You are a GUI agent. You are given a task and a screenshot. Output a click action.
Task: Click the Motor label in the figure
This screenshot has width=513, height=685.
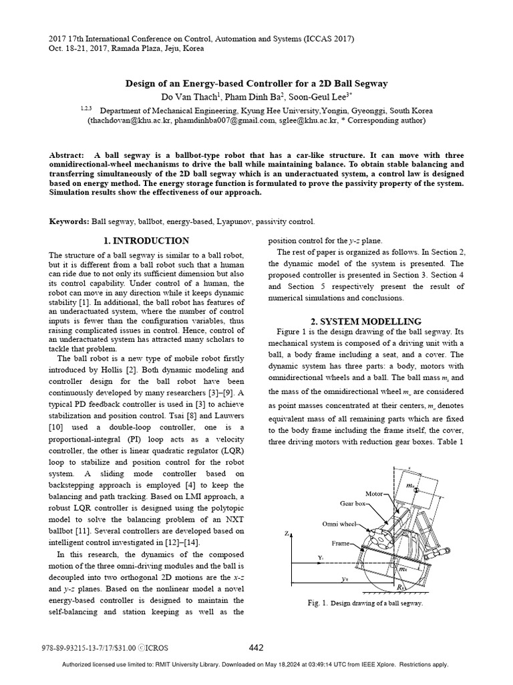pos(374,494)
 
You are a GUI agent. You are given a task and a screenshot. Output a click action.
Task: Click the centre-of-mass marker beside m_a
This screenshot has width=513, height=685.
pos(416,492)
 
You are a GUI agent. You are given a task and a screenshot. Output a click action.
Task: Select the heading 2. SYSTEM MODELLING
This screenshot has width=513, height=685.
pos(365,321)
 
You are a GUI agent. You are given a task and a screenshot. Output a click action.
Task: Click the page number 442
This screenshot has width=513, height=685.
pos(256,648)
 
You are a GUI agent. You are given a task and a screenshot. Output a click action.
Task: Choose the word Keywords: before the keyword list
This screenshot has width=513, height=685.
pos(69,221)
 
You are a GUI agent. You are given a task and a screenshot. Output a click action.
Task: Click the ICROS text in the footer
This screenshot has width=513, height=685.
pos(158,648)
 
